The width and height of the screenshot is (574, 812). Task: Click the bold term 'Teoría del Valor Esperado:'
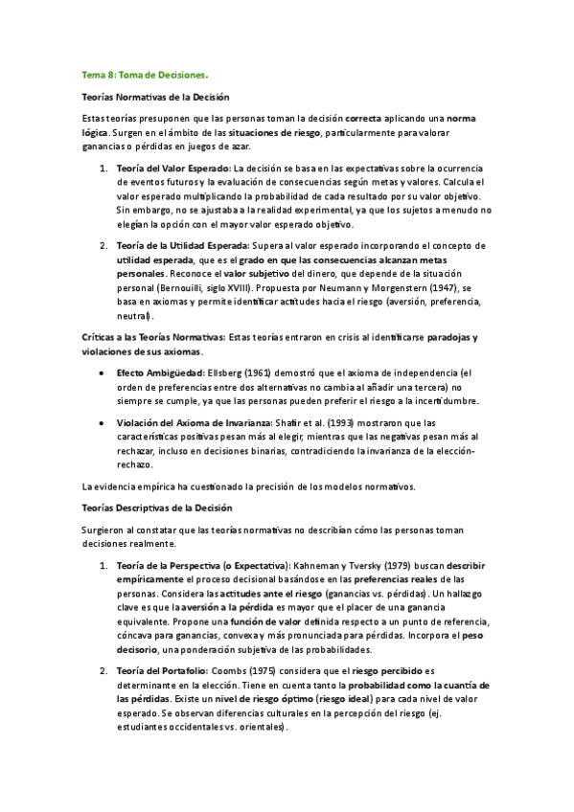click(166, 169)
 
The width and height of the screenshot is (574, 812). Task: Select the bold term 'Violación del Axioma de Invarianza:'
click(192, 422)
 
